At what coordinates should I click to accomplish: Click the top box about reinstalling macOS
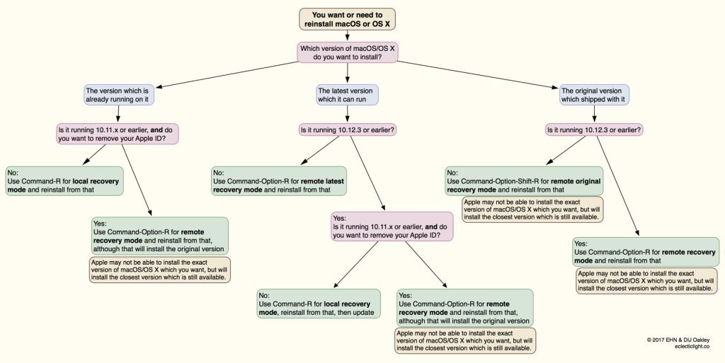point(348,18)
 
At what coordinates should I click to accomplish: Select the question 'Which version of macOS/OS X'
point(347,52)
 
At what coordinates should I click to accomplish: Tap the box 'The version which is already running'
point(118,96)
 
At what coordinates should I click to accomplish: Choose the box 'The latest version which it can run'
point(348,96)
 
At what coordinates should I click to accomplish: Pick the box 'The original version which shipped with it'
point(594,96)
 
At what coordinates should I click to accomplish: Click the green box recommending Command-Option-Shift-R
point(524,181)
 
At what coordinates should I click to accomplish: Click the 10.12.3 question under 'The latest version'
point(348,130)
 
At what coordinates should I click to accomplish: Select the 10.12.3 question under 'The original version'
point(594,130)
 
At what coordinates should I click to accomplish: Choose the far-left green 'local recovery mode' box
point(64,181)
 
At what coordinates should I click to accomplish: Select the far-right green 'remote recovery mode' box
point(645,252)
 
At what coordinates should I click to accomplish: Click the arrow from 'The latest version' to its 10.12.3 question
point(348,114)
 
